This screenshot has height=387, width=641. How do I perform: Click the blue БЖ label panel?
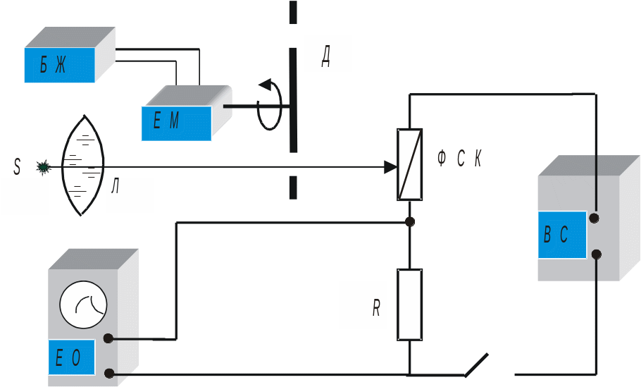click(59, 66)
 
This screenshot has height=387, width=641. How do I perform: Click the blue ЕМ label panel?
click(176, 123)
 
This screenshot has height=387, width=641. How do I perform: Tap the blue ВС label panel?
click(561, 235)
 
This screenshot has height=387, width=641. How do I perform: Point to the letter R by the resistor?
click(377, 308)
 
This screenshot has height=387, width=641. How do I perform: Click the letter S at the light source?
click(18, 167)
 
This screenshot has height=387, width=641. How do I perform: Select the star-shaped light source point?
click(44, 167)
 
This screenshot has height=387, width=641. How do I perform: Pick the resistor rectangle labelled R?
click(410, 304)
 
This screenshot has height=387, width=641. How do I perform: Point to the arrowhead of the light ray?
click(390, 167)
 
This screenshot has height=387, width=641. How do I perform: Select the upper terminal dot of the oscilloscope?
click(108, 338)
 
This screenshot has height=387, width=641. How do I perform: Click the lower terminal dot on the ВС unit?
click(597, 254)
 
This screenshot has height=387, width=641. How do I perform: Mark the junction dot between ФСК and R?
click(410, 222)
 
